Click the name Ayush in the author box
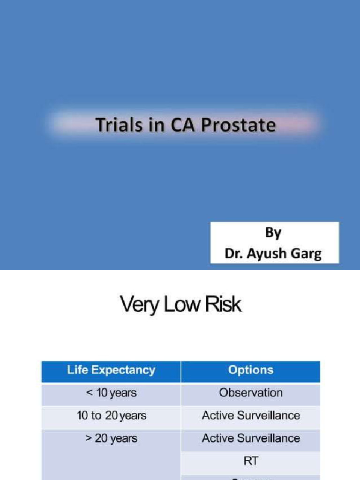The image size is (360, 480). [265, 254]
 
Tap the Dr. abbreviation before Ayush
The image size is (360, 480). [233, 254]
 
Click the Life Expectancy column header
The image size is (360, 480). [111, 370]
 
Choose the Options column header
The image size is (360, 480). [251, 370]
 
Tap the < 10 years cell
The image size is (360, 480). [111, 393]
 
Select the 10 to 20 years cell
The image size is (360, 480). [111, 415]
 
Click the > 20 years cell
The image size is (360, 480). [111, 438]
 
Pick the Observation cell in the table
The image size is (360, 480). [251, 393]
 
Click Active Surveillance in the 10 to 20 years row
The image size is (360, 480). [251, 415]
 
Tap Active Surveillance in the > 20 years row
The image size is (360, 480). [251, 438]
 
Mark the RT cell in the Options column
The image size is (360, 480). [251, 461]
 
